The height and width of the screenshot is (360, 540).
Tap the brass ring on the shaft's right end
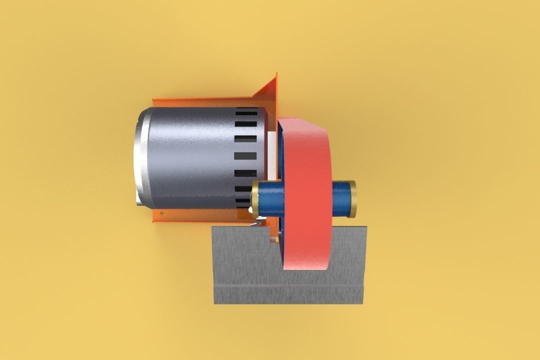353,198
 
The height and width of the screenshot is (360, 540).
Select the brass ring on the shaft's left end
255,198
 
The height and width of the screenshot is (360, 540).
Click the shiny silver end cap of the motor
138,157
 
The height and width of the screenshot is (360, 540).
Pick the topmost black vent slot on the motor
246,111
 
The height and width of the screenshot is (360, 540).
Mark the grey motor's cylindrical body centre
190,157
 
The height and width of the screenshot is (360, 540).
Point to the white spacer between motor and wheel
272,150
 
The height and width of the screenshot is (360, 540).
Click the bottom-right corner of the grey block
362,302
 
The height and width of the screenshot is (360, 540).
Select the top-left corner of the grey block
213,227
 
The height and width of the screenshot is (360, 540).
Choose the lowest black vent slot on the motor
243,202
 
